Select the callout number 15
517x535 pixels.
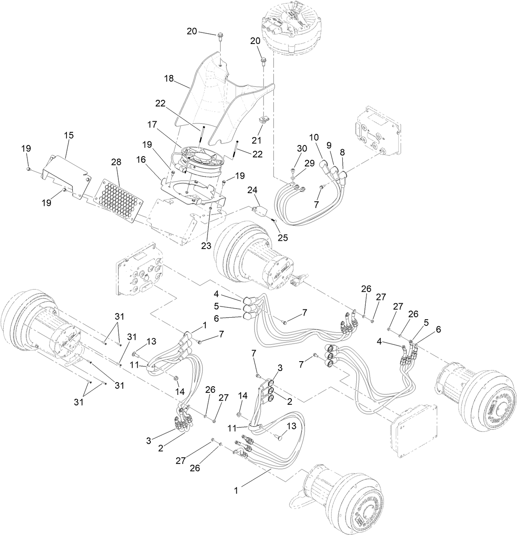tap(68, 135)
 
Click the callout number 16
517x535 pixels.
tap(152, 159)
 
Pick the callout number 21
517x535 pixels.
tap(256, 141)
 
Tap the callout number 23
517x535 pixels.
tap(206, 246)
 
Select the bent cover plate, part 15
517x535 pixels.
tap(66, 175)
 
